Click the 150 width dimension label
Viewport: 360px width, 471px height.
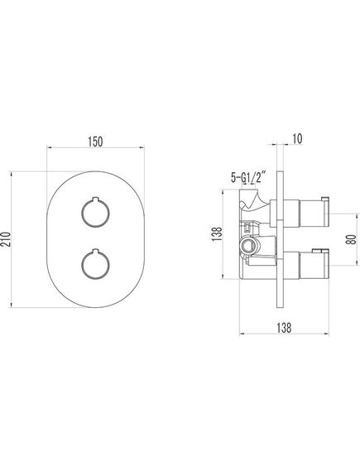point(95,142)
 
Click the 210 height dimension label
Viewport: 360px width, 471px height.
point(5,239)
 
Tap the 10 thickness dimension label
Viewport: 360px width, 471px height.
point(297,139)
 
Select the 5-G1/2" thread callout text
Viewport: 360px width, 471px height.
point(248,177)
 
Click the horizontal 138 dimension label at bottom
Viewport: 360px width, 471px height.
point(284,327)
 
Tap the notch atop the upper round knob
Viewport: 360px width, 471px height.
point(95,199)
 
